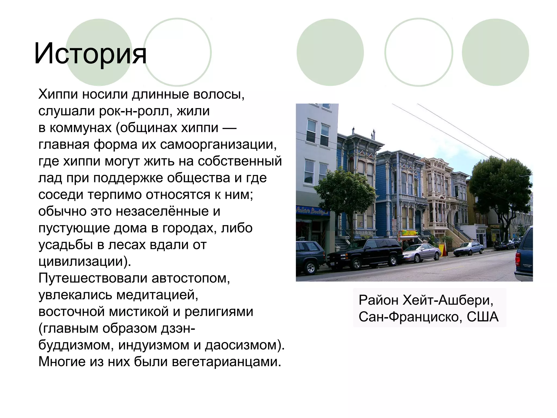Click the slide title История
point(90,53)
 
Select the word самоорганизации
point(218,145)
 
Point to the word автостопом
point(191,278)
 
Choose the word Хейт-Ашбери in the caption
point(448,300)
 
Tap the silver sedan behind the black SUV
point(422,253)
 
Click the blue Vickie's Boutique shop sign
point(312,211)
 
